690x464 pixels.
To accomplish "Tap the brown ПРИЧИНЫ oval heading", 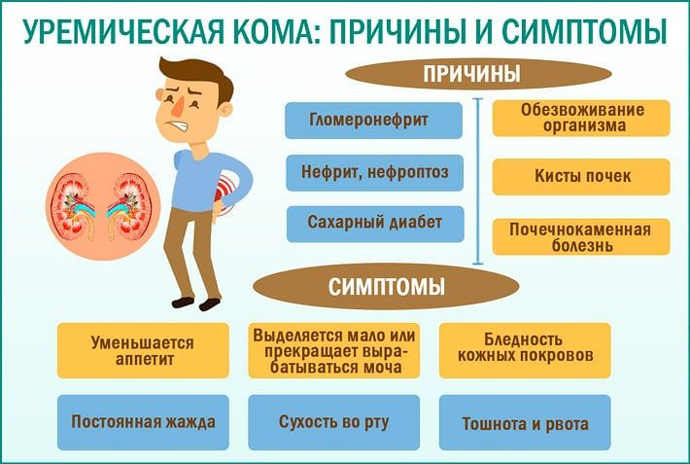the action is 478,74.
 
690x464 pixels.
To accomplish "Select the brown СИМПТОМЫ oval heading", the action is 386,286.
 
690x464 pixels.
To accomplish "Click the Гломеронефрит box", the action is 373,121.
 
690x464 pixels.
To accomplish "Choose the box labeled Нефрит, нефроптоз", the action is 374,172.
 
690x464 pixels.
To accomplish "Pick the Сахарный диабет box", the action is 375,224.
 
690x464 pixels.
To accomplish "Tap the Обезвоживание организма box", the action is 581,118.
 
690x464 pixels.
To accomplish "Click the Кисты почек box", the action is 581,177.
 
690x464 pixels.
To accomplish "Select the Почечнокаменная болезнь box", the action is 581,237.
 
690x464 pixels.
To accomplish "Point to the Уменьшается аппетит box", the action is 143,351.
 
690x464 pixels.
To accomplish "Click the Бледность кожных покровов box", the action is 525,351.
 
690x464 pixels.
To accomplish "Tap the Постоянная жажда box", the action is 143,422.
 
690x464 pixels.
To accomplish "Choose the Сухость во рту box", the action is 334,422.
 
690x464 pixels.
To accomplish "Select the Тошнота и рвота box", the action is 525,422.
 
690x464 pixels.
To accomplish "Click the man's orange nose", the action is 178,105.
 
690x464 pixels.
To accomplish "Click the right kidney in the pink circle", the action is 130,206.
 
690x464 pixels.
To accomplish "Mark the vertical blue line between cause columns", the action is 478,182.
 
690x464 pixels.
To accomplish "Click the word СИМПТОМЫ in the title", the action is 584,32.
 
